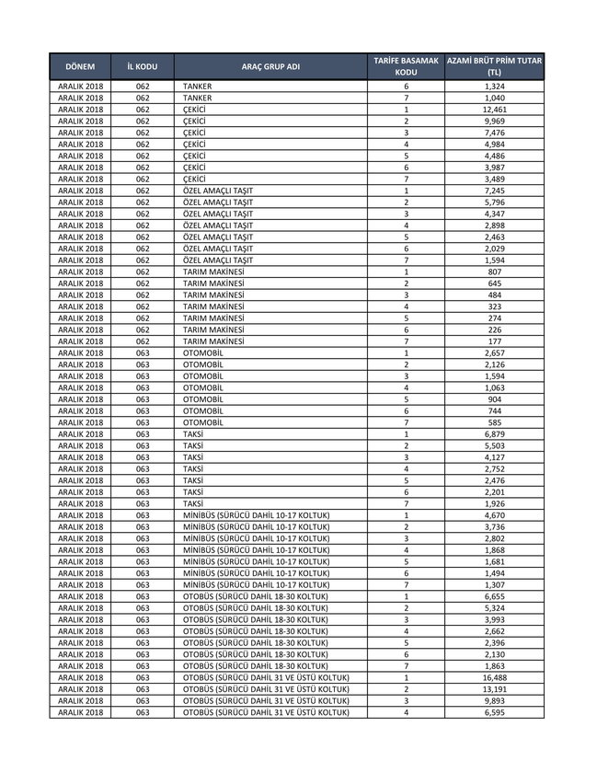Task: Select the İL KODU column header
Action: pyautogui.click(x=142, y=67)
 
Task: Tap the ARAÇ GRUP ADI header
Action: pyautogui.click(x=270, y=67)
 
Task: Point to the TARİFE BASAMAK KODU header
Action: pyautogui.click(x=406, y=66)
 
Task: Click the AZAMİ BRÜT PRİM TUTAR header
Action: pyautogui.click(x=494, y=66)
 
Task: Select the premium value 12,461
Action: pyautogui.click(x=494, y=110)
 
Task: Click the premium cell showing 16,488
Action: pyautogui.click(x=494, y=678)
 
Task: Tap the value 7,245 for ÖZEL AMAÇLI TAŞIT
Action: pyautogui.click(x=494, y=190)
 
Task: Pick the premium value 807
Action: pyautogui.click(x=494, y=272)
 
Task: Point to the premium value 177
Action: pyautogui.click(x=494, y=341)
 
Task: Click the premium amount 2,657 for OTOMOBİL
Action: pyautogui.click(x=494, y=353)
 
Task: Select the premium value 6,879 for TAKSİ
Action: pyautogui.click(x=494, y=434)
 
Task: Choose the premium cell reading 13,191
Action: pyautogui.click(x=494, y=689)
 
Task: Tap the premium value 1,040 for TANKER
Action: pyautogui.click(x=494, y=98)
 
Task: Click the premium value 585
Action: pyautogui.click(x=494, y=422)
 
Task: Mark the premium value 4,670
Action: pyautogui.click(x=494, y=515)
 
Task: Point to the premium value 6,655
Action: pyautogui.click(x=494, y=596)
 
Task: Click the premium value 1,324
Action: pyautogui.click(x=494, y=87)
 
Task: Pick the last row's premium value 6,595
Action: pyautogui.click(x=494, y=712)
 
